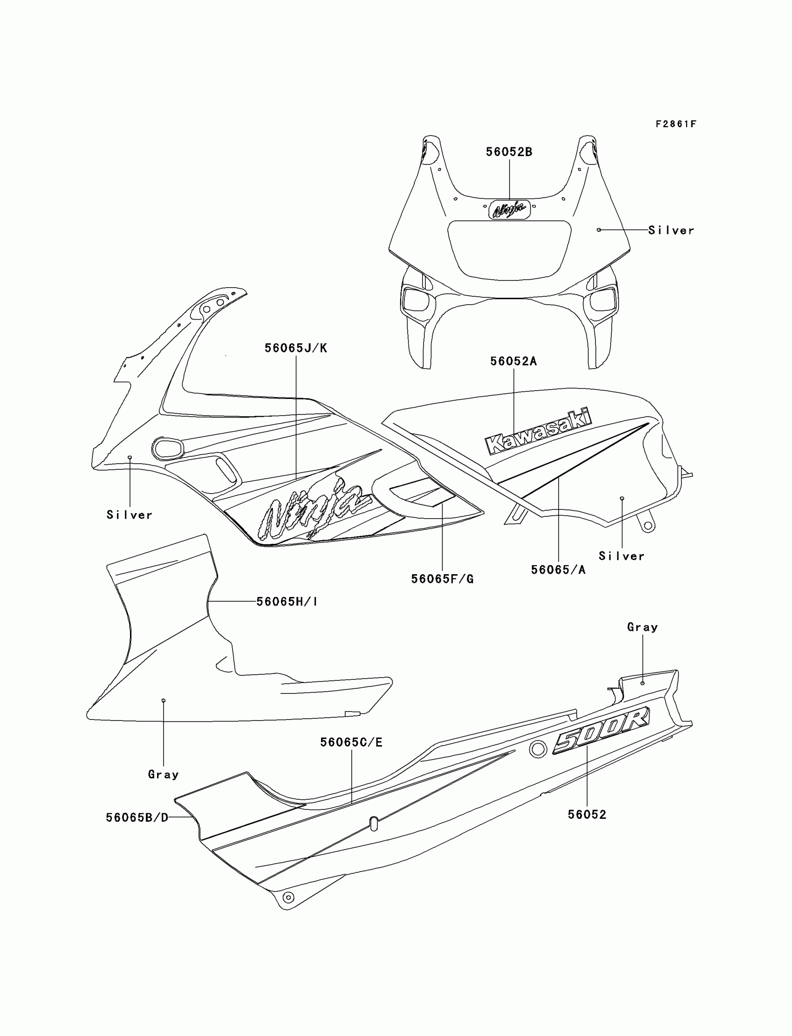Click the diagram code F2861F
pyautogui.click(x=676, y=124)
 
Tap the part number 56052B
pyautogui.click(x=509, y=152)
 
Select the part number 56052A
pyautogui.click(x=513, y=361)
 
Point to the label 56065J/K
pyautogui.click(x=295, y=348)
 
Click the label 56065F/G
pyautogui.click(x=442, y=579)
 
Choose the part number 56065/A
pyautogui.click(x=558, y=569)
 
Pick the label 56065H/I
pyautogui.click(x=287, y=601)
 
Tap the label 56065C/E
pyautogui.click(x=351, y=742)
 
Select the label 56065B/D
pyautogui.click(x=137, y=817)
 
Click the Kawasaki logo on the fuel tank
pyautogui.click(x=538, y=432)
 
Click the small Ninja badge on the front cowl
pyautogui.click(x=509, y=209)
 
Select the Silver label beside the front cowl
pyautogui.click(x=671, y=230)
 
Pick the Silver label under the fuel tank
pyautogui.click(x=621, y=556)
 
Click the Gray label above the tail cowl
pyautogui.click(x=642, y=627)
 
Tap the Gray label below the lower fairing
pyautogui.click(x=163, y=774)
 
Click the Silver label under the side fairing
pyautogui.click(x=129, y=515)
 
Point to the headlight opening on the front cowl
pyautogui.click(x=509, y=249)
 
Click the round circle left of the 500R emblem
pyautogui.click(x=538, y=749)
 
